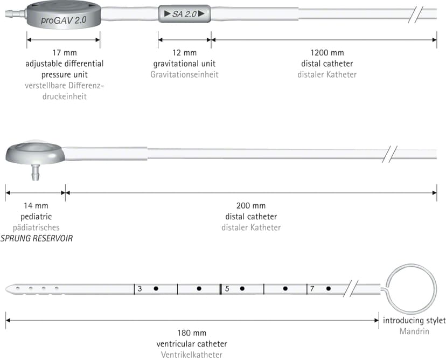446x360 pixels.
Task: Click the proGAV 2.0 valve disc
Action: [x=64, y=15]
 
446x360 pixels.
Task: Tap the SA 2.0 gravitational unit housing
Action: [x=185, y=13]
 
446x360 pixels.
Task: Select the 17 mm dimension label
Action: [x=65, y=53]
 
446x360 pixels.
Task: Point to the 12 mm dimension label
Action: [x=185, y=53]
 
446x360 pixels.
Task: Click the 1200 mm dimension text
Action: [x=327, y=53]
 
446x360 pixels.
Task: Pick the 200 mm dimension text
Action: [x=251, y=205]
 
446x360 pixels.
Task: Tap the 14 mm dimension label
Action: [x=36, y=205]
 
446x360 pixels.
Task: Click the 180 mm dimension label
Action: [x=192, y=333]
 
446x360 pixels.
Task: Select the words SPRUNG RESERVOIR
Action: [x=37, y=238]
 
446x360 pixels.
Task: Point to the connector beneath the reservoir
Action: [x=35, y=172]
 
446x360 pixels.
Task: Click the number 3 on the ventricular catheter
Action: [x=140, y=289]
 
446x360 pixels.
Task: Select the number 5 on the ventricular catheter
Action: [x=227, y=289]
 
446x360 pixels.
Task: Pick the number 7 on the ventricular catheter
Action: [x=312, y=289]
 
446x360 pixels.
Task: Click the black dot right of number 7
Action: [x=329, y=288]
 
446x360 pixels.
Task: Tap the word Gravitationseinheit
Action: [x=184, y=74]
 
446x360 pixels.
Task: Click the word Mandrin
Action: [x=414, y=331]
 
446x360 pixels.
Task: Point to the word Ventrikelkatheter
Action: [x=192, y=355]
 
